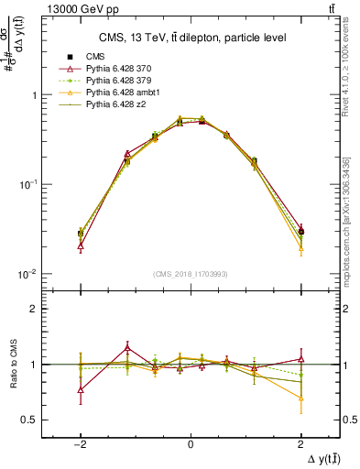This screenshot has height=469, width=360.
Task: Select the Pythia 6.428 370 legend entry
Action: pos(110,69)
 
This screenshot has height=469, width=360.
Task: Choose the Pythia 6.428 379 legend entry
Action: pos(110,81)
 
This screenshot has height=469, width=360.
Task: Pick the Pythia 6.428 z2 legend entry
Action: pos(107,104)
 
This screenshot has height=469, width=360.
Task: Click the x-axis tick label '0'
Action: pos(190,443)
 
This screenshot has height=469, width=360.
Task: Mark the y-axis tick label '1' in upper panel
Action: pos(34,95)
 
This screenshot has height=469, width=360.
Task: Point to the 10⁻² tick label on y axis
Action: pos(28,274)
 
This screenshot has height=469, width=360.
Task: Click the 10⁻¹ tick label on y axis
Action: pos(28,184)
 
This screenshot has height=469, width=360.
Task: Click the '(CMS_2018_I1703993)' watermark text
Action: pos(190,273)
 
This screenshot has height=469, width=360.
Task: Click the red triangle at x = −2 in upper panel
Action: pos(81,245)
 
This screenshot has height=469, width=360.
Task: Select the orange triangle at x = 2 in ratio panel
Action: pos(300,398)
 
